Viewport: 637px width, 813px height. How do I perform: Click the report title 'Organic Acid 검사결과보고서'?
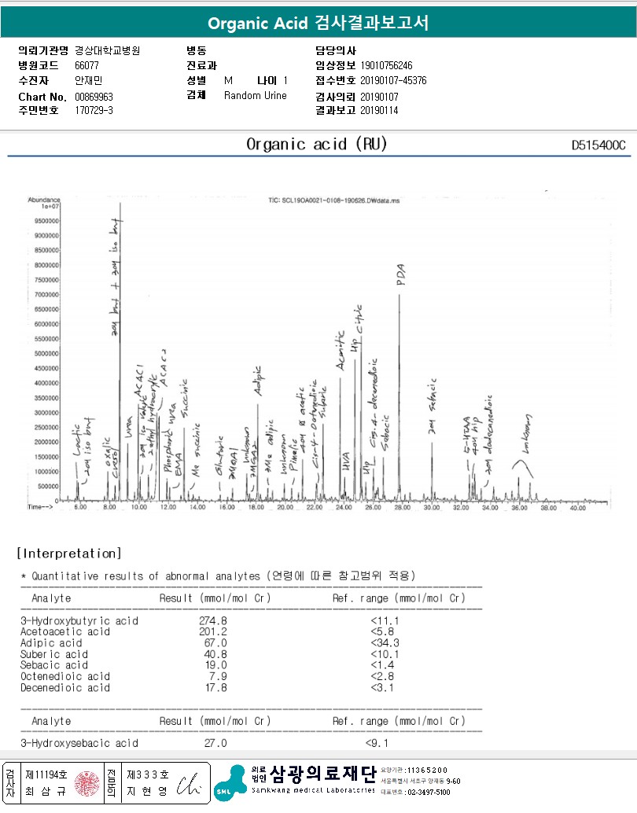318,23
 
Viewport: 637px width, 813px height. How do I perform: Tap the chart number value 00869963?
94,96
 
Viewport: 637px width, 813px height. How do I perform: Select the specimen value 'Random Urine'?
256,96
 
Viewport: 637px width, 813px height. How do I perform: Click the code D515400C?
598,145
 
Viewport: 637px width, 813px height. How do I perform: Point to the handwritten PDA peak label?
400,274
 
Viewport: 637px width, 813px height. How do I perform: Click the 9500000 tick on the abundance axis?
46,221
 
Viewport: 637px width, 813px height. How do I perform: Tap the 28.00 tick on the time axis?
402,509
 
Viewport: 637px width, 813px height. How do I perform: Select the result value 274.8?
213,620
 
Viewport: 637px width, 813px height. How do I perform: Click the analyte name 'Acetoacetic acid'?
64,631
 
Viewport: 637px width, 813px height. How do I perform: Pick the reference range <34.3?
384,642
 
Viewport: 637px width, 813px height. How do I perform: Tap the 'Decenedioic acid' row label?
64,687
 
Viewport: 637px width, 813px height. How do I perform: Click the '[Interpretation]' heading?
69,554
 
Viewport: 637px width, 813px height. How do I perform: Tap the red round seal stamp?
87,783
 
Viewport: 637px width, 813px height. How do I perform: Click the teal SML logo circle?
226,793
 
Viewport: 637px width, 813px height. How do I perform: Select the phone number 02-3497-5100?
429,792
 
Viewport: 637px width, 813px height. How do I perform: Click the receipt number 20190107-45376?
393,80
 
